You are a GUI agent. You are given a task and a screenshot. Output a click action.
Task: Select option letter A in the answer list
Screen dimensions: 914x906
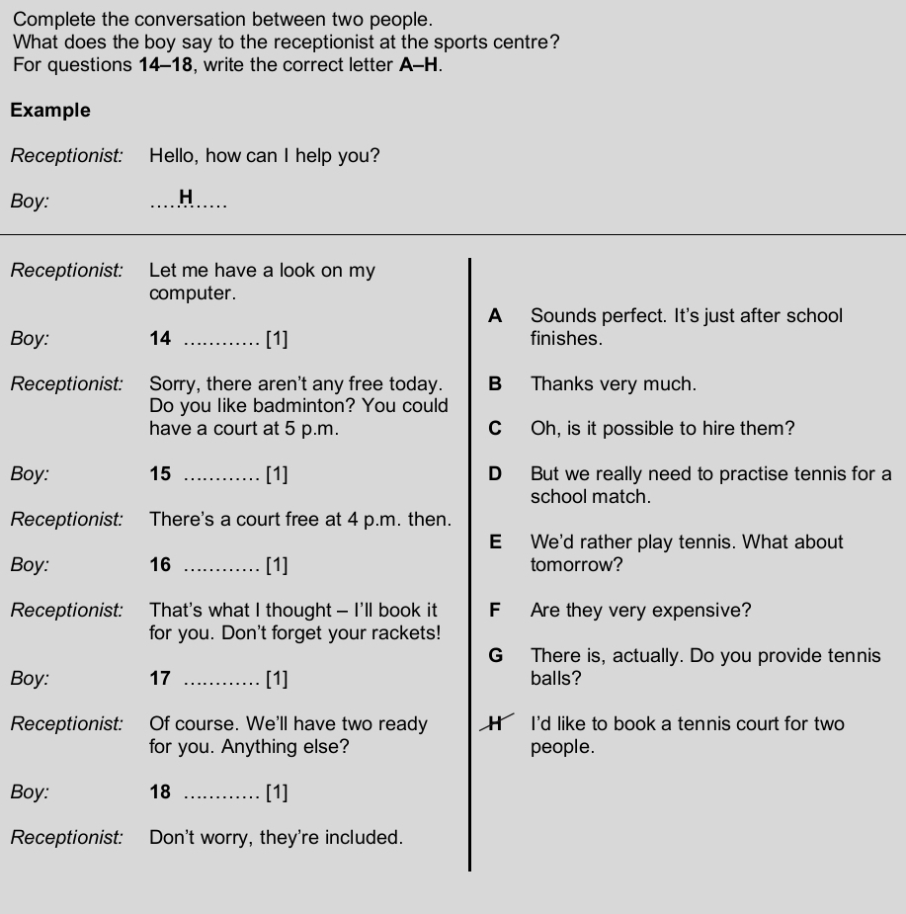click(496, 316)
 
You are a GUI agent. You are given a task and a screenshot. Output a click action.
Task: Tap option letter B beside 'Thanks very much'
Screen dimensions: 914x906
click(496, 384)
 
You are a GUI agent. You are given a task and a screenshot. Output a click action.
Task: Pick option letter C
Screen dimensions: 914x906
click(496, 429)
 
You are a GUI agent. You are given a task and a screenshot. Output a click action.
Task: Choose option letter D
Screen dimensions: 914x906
click(496, 474)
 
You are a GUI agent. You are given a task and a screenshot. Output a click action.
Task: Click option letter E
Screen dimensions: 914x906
click(496, 542)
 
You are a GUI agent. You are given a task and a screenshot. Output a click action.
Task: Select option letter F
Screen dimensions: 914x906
click(496, 611)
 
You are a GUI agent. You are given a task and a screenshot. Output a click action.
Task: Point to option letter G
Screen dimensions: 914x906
click(496, 656)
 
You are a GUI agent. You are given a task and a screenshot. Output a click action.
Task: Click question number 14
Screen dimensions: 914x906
click(160, 339)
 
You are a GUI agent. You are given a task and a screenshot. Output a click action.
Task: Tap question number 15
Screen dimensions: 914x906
click(160, 474)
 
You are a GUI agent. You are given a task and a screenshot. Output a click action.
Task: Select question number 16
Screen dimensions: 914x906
click(160, 565)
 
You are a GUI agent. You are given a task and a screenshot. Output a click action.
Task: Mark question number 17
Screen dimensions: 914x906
click(160, 679)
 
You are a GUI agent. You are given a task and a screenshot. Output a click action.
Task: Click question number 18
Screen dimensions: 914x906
click(160, 792)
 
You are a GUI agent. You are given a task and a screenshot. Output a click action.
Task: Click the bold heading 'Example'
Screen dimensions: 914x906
click(50, 111)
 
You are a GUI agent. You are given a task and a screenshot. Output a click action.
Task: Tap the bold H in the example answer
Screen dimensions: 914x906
click(186, 198)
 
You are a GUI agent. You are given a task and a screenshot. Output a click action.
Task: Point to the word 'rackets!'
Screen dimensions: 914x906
click(407, 633)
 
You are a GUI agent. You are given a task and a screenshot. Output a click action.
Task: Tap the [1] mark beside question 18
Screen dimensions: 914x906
click(277, 792)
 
